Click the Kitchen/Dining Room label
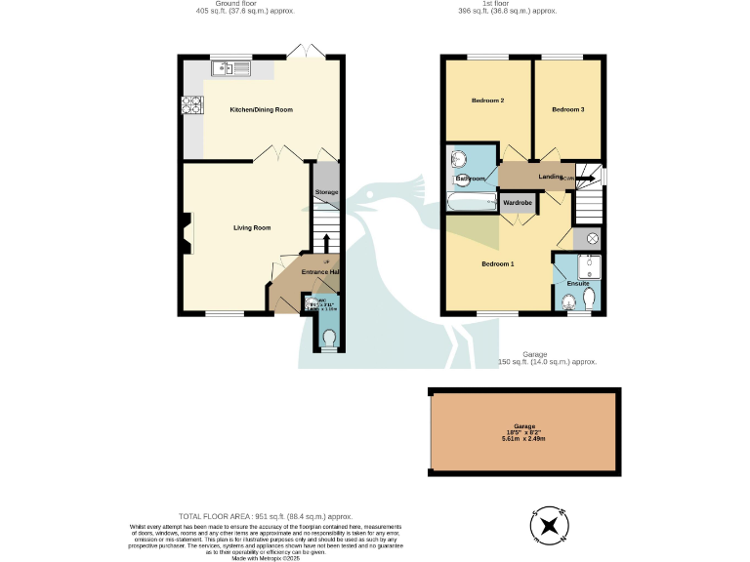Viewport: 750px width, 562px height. [261, 110]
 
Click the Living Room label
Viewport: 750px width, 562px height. [251, 227]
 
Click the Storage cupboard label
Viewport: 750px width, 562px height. [326, 192]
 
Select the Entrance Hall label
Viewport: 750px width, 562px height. [319, 271]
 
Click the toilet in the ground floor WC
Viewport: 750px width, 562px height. [328, 338]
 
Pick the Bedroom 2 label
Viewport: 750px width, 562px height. [487, 100]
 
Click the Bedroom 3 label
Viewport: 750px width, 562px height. [567, 109]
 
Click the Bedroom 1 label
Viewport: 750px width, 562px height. [497, 263]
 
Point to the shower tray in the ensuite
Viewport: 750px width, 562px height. [588, 265]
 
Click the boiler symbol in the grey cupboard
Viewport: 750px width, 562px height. [591, 239]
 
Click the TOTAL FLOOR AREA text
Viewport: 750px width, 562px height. [265, 515]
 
